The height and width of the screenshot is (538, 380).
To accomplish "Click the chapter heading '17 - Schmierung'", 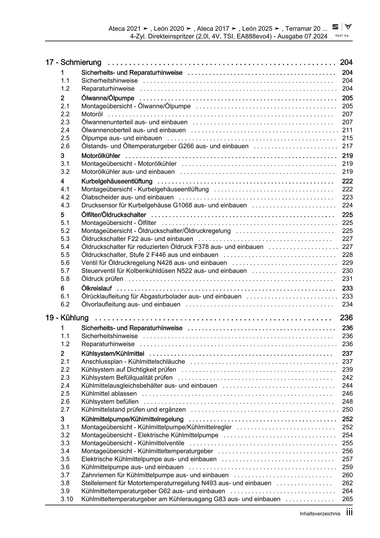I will tap(73, 62).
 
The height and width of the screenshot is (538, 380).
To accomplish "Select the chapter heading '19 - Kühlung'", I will tap(67, 318).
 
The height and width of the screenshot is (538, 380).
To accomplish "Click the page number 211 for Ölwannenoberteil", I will tap(347, 130).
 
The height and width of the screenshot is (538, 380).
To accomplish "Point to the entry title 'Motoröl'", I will tap(92, 114).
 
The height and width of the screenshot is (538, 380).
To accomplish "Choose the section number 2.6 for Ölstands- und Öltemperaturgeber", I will tap(65, 146).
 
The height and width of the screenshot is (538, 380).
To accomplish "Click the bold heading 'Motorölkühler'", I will tap(101, 156).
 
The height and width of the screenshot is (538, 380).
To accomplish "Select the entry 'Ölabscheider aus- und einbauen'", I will tap(127, 197).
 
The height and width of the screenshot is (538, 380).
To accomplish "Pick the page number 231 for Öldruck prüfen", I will tap(347, 279).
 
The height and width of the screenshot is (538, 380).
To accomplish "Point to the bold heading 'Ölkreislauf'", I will tap(97, 288).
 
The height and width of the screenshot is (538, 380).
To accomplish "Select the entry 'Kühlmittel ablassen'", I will tap(109, 393).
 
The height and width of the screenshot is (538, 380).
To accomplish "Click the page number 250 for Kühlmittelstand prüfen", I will tap(347, 409).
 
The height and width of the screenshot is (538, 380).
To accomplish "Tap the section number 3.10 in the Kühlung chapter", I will tap(66, 499).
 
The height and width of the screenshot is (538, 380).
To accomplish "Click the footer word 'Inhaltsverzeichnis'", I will tap(320, 514).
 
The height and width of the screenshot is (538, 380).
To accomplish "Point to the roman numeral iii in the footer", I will tap(349, 513).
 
